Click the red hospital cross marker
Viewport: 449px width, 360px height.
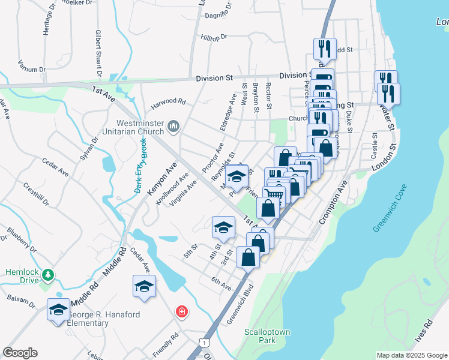[181, 312]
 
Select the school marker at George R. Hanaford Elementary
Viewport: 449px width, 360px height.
[58, 310]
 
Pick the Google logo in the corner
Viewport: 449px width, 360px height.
[20, 353]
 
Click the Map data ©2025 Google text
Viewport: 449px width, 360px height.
[412, 355]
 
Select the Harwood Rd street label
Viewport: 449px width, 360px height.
[169, 102]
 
